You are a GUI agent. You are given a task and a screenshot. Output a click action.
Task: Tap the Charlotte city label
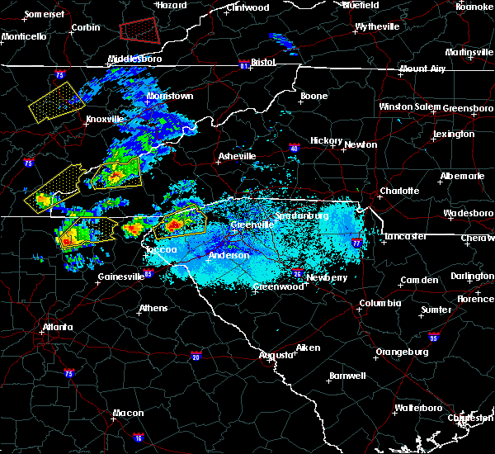399,192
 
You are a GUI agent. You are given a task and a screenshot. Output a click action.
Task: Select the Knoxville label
105,119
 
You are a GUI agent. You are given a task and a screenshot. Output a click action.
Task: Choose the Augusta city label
276,355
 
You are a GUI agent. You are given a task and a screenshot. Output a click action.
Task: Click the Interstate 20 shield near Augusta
196,357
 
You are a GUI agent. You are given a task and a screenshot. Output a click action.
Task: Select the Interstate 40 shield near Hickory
295,149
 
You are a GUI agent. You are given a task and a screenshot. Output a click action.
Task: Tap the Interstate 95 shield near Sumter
434,338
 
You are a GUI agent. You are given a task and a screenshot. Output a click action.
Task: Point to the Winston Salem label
410,107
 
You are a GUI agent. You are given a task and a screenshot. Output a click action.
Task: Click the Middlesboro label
134,59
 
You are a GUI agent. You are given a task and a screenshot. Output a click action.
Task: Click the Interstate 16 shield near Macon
138,437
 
